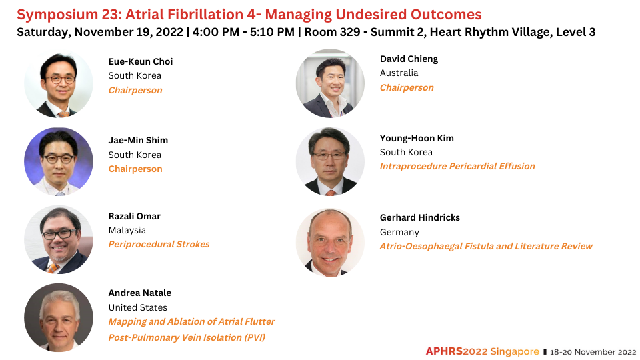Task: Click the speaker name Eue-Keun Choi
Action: point(141,61)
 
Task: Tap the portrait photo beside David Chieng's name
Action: point(330,84)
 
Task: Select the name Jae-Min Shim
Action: point(138,141)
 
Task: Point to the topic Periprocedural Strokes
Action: point(159,244)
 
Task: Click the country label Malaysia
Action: point(127,230)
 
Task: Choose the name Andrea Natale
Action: point(139,293)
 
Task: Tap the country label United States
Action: point(137,307)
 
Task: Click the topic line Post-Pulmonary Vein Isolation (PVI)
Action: point(187,337)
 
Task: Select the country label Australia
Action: point(399,73)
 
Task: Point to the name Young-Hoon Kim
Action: point(417,139)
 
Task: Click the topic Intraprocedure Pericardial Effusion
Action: point(457,166)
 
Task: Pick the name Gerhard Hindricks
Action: point(419,217)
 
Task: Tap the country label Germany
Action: point(399,232)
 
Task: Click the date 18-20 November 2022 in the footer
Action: point(593,352)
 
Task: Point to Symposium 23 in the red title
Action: point(68,15)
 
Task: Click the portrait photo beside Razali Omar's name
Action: point(59,239)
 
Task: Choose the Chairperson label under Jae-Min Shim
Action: point(135,169)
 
